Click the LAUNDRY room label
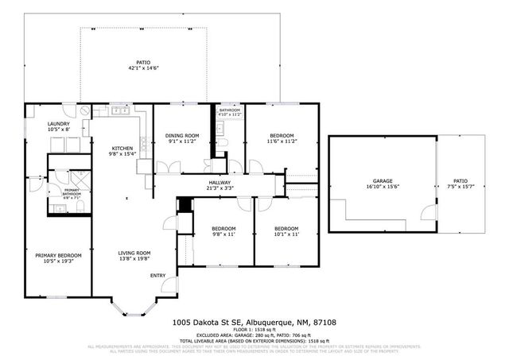click(x=59, y=124)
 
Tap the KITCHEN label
click(x=121, y=149)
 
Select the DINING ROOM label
click(x=182, y=136)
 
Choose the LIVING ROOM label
click(x=134, y=253)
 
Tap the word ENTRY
click(x=157, y=276)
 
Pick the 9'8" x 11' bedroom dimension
click(x=223, y=234)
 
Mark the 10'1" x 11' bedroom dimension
click(x=286, y=234)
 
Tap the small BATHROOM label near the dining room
click(x=229, y=110)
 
